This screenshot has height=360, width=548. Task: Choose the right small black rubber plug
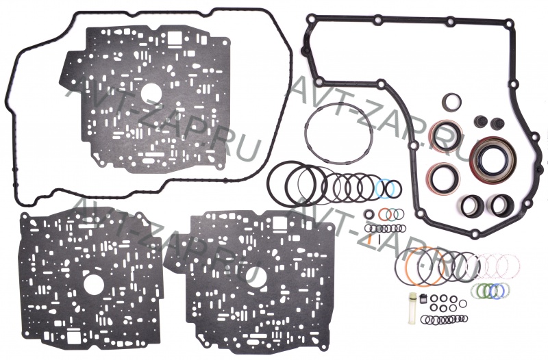coord(498,123)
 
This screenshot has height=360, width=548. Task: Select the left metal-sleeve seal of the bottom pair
coord(472,203)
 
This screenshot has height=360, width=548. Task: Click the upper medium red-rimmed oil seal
coord(445,135)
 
